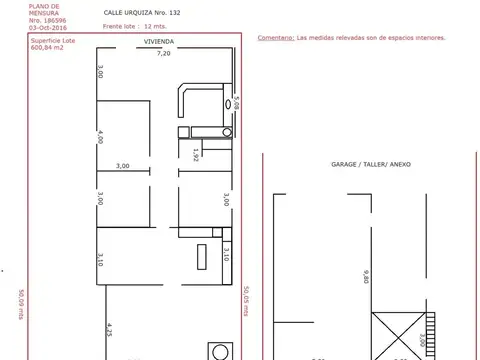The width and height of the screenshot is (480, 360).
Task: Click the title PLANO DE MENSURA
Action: tap(45, 9)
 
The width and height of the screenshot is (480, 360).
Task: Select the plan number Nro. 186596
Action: tap(46, 20)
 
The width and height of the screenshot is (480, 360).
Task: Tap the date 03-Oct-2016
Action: tap(46, 28)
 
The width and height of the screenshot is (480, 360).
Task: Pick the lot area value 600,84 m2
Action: tap(48, 47)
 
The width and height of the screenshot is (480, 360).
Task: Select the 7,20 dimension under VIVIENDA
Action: tap(162, 54)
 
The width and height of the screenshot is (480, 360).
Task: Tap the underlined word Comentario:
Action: tap(275, 37)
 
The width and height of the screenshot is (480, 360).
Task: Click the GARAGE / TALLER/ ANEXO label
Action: tap(370, 163)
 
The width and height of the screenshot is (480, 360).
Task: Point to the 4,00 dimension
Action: tap(101, 138)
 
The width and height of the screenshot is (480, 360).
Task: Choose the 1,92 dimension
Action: tap(196, 153)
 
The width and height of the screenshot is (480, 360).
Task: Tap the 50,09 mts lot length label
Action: tap(20, 302)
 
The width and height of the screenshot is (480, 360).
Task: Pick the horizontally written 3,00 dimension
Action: tap(122, 165)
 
